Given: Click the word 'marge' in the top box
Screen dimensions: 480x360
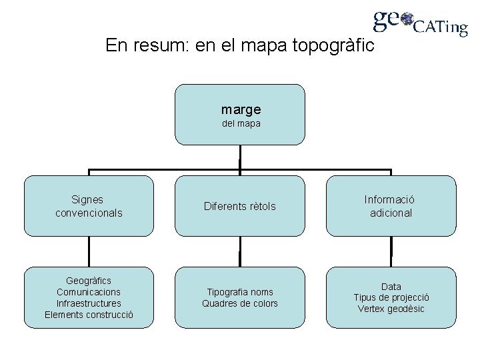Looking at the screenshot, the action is pos(241,108).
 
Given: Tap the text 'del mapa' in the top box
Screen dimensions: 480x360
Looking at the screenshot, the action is pos(241,123).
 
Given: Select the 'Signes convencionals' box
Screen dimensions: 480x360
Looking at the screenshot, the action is pos(89,206).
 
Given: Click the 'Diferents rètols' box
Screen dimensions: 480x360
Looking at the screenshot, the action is pos(239,207).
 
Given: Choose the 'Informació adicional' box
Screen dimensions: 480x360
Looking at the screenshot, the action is pos(391,206).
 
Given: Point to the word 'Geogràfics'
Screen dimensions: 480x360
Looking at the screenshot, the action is pos(89,280).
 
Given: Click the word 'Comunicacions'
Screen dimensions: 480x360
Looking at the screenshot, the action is pos(89,292).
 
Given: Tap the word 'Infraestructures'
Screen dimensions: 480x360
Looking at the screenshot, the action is pos(89,303).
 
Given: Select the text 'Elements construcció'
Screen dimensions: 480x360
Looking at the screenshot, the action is pos(89,315).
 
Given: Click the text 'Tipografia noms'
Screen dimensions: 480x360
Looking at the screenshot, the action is pos(240,292).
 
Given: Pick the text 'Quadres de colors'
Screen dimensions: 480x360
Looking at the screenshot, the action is pos(240,304).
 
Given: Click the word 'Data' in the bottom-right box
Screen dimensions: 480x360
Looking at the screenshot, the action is pos(391,286).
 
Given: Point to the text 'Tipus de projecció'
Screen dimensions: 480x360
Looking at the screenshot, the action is pos(391,297).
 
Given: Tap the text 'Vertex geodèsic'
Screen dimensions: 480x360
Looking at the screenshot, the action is pos(391,309).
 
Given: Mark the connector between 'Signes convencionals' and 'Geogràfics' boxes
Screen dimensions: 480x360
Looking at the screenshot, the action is pos(89,252).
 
